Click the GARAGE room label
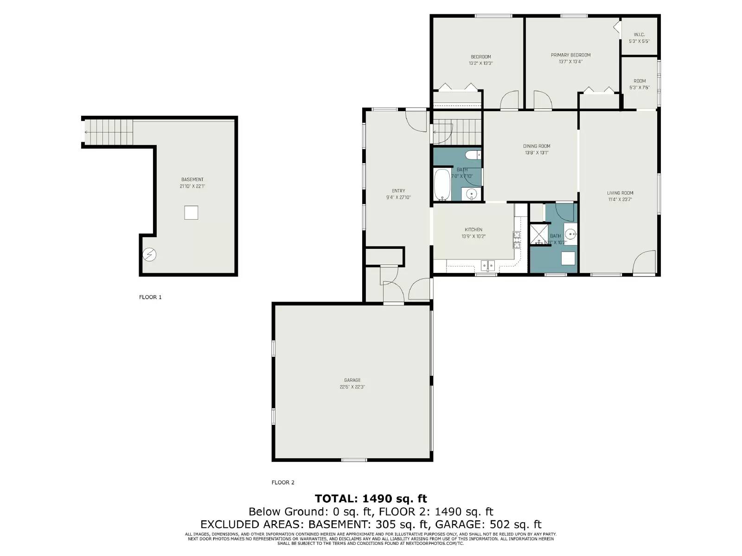(x=352, y=380)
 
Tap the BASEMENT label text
(x=192, y=179)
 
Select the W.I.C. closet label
(x=639, y=35)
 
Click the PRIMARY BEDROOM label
(x=570, y=55)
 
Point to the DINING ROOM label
(x=537, y=146)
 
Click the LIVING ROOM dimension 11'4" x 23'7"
(x=620, y=200)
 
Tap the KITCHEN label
(x=473, y=229)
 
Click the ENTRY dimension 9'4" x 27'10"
(x=398, y=197)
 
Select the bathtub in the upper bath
(x=442, y=184)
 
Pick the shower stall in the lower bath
(x=539, y=234)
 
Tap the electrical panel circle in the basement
(x=149, y=254)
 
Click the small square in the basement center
(x=191, y=212)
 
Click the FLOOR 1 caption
(x=150, y=297)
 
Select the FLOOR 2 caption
(x=283, y=482)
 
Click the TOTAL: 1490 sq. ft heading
(x=371, y=499)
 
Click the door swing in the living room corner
(x=644, y=263)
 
